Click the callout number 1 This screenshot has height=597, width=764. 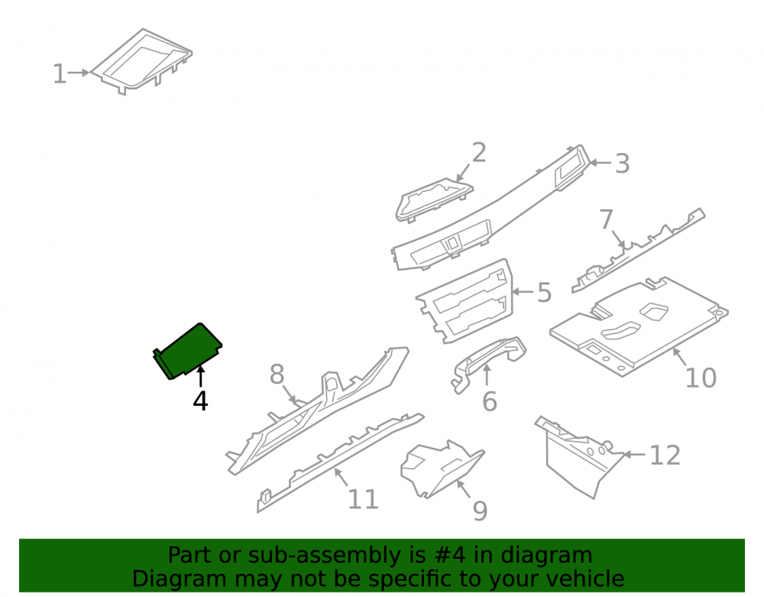tap(60, 74)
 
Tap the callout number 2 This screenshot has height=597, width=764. tap(479, 153)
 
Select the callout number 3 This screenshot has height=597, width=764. tap(622, 164)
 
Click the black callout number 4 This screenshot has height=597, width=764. tap(200, 401)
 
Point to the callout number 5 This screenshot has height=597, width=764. tap(544, 293)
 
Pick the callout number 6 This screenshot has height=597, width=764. tap(489, 401)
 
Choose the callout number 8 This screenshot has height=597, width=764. tap(277, 375)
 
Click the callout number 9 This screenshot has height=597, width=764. tap(480, 511)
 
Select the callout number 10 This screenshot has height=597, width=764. tap(701, 378)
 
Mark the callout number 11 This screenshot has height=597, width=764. tap(363, 499)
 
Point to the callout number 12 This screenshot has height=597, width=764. tap(665, 456)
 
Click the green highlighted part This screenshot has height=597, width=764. tap(189, 350)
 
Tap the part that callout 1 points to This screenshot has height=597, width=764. tap(141, 61)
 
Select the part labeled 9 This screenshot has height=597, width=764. tap(441, 469)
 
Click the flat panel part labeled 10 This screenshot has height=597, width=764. tap(638, 326)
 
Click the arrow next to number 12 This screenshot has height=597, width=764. tap(635, 455)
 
